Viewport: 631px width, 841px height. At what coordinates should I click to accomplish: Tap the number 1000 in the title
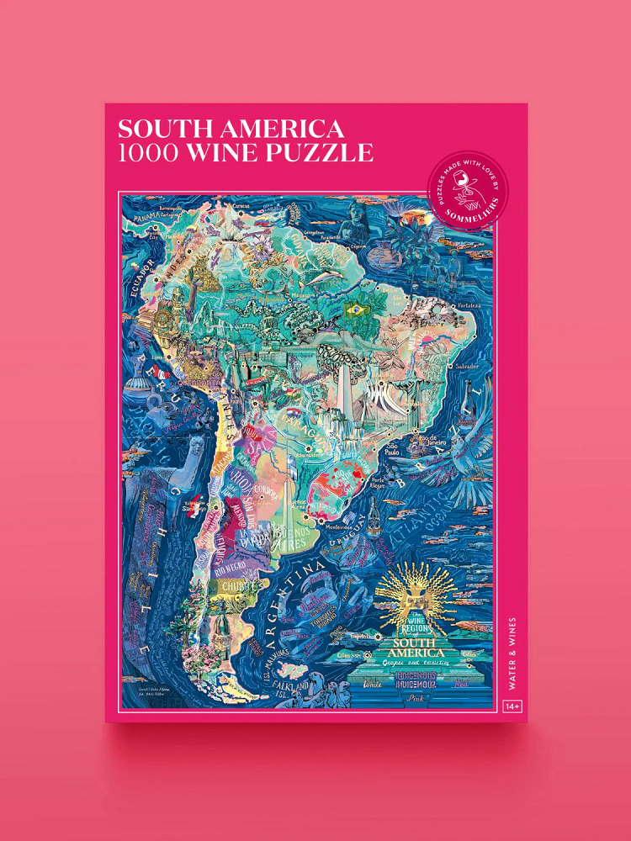pos(148,153)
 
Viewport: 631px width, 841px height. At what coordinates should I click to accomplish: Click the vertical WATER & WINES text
pos(512,653)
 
